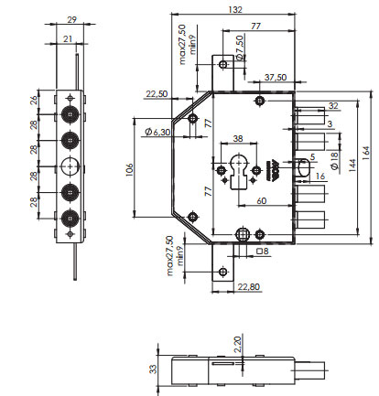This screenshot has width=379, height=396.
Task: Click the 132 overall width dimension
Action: pos(235,9)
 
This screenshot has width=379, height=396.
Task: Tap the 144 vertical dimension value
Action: pos(352,166)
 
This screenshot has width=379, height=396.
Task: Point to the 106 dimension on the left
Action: pos(129,171)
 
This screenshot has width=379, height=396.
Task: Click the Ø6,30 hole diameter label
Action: pos(157,132)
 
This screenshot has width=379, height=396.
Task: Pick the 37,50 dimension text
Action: pos(276,77)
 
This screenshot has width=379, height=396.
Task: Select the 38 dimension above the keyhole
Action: pos(238,138)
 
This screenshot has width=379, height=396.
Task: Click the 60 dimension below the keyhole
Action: pos(262,200)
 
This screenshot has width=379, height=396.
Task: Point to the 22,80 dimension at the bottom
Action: pos(249,286)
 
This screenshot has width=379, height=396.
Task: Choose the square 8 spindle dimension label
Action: pos(263,251)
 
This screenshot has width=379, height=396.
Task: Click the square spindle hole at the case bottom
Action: pos(243,235)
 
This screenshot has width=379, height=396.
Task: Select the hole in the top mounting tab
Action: pos(223,64)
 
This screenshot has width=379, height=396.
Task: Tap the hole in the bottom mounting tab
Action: pos(223,271)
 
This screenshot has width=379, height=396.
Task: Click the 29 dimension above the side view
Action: pos(71,20)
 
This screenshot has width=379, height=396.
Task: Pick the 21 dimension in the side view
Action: pos(68,38)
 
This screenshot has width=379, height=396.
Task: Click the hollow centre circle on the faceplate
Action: pos(70,166)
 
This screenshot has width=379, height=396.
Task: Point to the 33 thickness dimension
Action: pos(154,369)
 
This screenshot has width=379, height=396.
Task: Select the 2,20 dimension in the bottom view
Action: pos(237,344)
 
